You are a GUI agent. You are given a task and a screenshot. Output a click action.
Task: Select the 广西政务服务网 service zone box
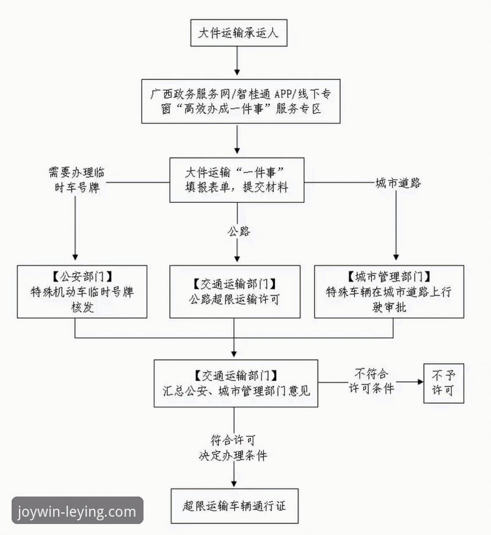240,101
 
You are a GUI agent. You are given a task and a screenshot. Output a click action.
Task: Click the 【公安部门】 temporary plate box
82,291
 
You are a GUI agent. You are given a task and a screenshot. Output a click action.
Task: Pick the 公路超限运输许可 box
235,291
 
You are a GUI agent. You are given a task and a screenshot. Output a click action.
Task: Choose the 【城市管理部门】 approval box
389,291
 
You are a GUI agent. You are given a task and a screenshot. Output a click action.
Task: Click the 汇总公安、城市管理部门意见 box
236,383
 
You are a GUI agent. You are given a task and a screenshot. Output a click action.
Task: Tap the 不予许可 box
443,382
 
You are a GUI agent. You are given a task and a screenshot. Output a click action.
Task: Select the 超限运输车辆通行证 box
235,506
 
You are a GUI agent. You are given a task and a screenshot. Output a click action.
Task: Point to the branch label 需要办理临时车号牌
75,180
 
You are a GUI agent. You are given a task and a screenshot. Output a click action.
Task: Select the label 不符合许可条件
371,381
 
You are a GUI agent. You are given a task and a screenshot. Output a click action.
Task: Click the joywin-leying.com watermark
77,511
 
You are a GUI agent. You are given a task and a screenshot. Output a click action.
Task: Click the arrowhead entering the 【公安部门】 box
76,258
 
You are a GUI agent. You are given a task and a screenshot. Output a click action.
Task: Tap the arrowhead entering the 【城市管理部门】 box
397,258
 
